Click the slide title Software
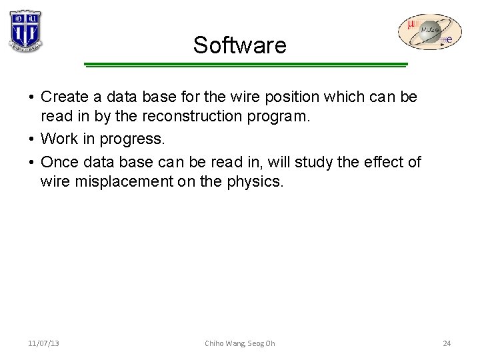click(239, 45)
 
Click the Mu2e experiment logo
click(429, 33)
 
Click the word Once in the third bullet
click(59, 163)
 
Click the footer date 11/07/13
click(43, 343)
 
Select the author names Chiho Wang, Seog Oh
click(239, 343)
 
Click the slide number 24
click(447, 343)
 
